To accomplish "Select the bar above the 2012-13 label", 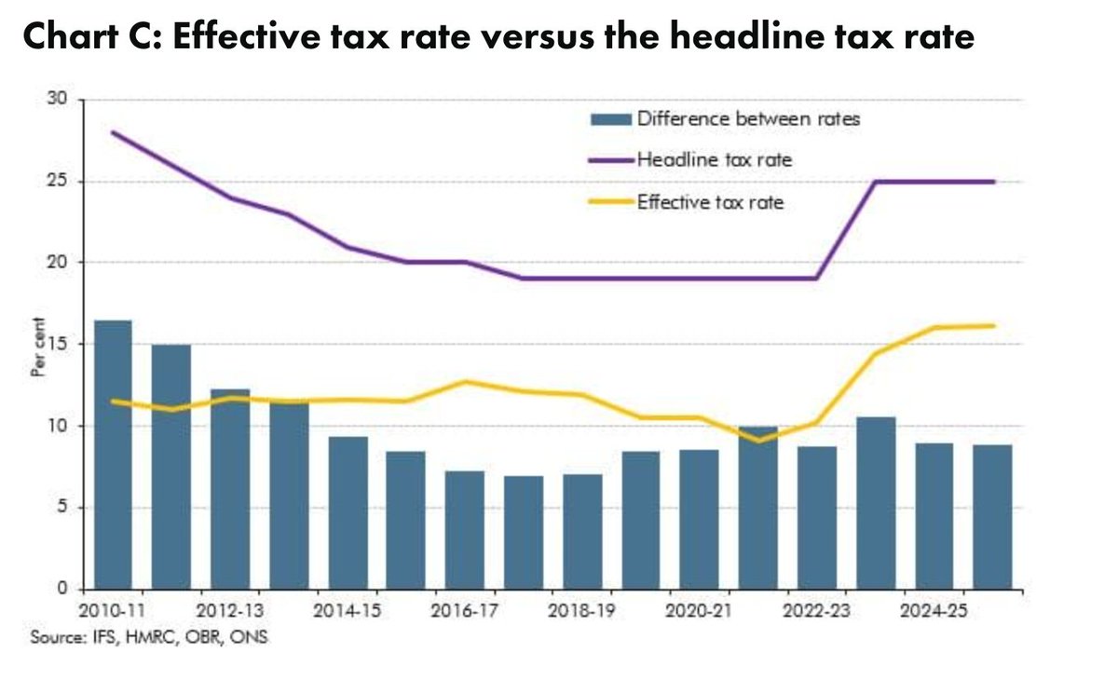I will click(229, 489).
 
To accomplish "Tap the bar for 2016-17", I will click(464, 530).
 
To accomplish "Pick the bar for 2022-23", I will click(816, 518).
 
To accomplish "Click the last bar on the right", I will click(992, 517).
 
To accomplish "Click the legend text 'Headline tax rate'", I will click(714, 160).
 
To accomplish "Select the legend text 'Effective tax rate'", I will click(710, 202).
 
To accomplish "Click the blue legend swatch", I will click(610, 118).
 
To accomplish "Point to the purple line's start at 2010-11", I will click(112, 132).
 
